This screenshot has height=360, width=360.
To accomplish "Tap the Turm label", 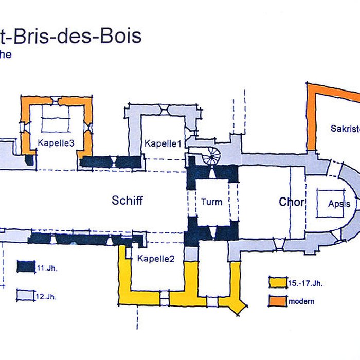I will (211, 202).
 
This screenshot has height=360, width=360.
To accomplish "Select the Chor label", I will (292, 202).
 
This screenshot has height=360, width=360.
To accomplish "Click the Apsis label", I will (339, 204).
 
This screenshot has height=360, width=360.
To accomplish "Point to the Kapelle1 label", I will (163, 143).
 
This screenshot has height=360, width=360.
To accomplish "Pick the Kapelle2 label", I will (156, 259).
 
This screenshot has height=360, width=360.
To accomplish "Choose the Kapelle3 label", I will (57, 143).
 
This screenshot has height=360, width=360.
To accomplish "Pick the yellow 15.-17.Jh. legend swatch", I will (278, 282).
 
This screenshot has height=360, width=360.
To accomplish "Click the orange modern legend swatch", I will (278, 300).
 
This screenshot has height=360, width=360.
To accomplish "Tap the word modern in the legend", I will (301, 301).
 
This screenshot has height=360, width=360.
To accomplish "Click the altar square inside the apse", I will (331, 203).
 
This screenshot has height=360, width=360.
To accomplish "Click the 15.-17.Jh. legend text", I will (305, 283).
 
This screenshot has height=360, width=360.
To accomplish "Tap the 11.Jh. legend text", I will (44, 268).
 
